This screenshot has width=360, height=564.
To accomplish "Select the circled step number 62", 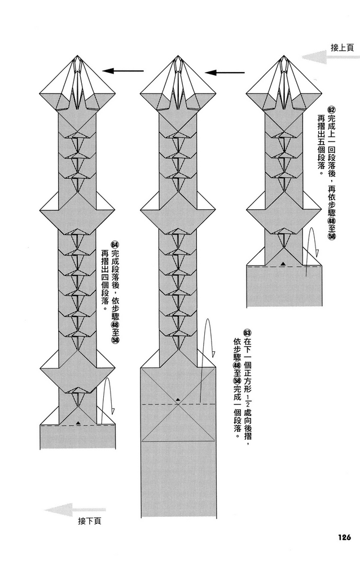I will (331, 108).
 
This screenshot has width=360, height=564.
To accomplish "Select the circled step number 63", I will (247, 333).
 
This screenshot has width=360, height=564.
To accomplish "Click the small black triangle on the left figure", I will (78, 421).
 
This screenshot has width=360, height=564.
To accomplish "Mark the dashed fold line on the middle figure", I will (164, 404).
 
